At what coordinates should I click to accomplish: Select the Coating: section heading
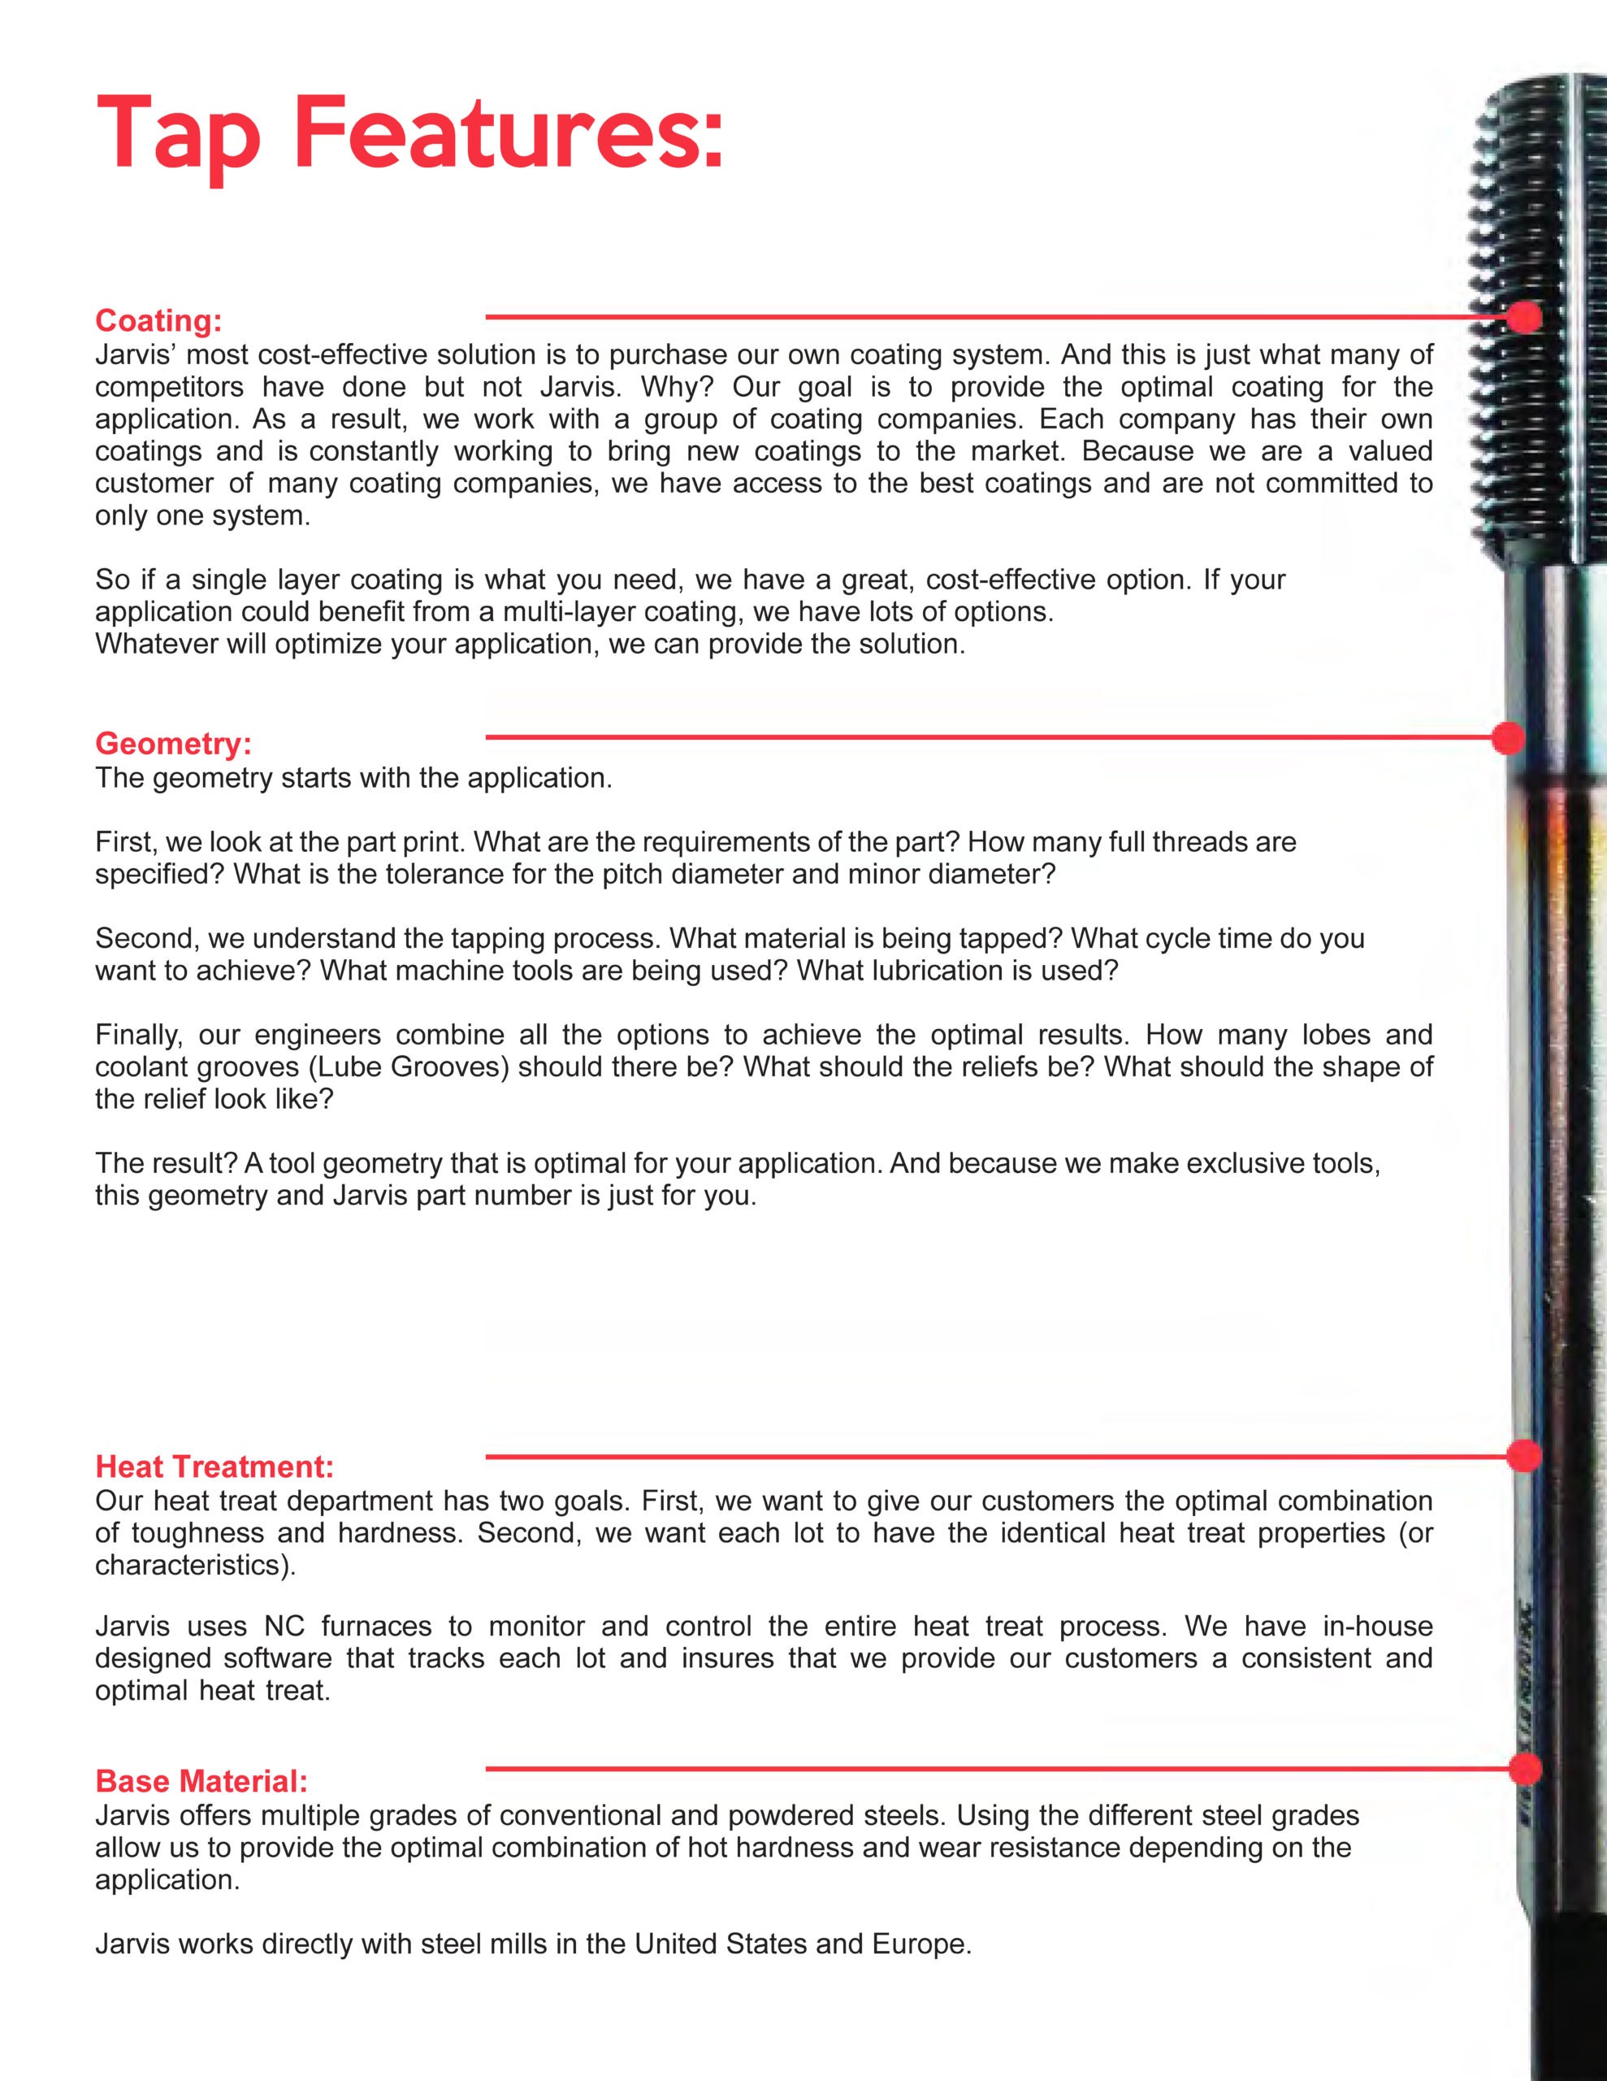click(x=158, y=321)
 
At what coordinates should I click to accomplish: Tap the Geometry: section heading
click(x=173, y=743)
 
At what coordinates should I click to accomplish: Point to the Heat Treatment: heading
click(x=214, y=1466)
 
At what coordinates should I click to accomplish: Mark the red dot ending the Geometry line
click(x=1508, y=737)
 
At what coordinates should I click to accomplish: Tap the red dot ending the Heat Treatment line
click(x=1524, y=1456)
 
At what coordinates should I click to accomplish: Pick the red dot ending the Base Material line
click(x=1524, y=1770)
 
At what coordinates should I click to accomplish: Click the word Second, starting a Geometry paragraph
click(x=147, y=939)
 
